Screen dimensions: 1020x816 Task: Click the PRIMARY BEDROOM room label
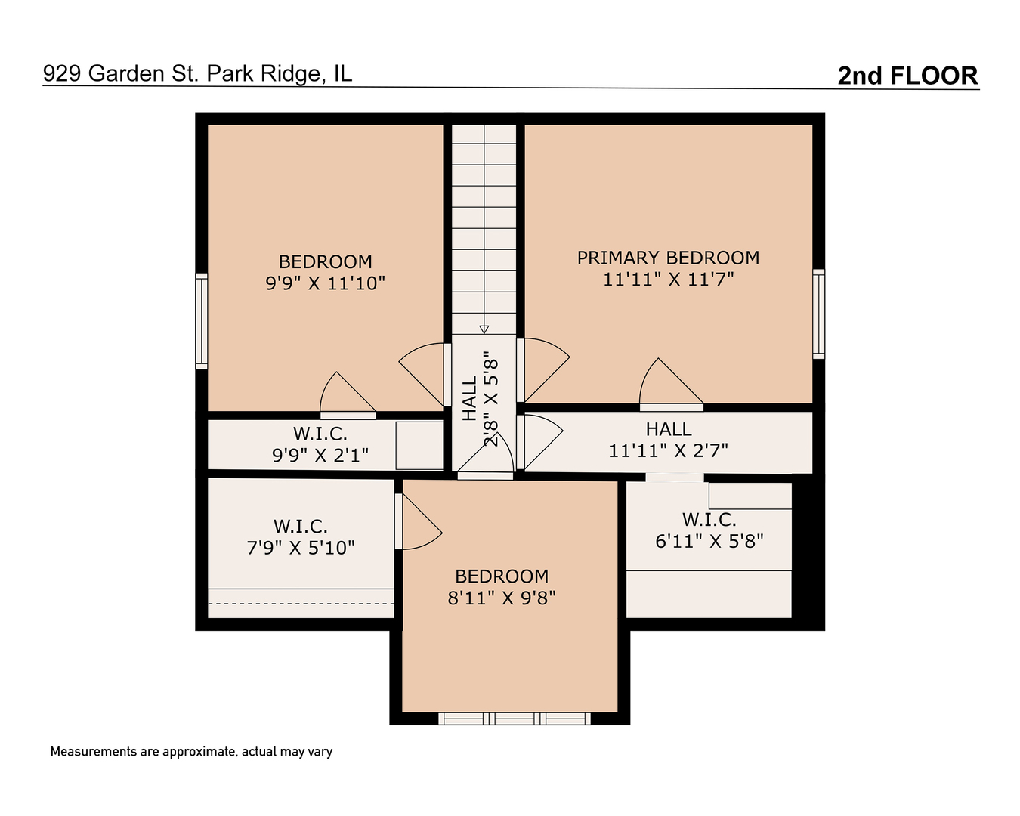coord(668,258)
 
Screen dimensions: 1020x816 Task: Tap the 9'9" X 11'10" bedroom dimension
coord(325,283)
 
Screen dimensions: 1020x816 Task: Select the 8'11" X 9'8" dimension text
coord(502,598)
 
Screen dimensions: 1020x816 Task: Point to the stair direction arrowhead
coord(484,329)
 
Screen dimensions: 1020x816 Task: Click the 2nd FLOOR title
coord(907,76)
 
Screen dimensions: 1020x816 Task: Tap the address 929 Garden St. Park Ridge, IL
coord(198,73)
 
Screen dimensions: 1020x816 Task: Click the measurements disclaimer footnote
coord(191,752)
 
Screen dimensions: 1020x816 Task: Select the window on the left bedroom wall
coord(202,321)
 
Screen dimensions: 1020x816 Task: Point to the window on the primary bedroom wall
coord(818,314)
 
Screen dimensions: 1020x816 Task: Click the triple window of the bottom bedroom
coord(515,719)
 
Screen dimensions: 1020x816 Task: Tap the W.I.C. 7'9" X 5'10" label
coord(301,537)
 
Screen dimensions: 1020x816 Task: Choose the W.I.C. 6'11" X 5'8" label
coord(709,530)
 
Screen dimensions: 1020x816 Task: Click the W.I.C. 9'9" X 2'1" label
coord(320,444)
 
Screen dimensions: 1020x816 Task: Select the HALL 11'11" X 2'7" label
coord(669,440)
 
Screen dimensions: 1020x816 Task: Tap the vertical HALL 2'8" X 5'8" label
coord(480,398)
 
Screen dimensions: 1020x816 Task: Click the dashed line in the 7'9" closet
coord(301,604)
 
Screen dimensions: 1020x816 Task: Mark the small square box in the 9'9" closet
coord(419,446)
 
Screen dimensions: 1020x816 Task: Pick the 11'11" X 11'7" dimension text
coord(668,280)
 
